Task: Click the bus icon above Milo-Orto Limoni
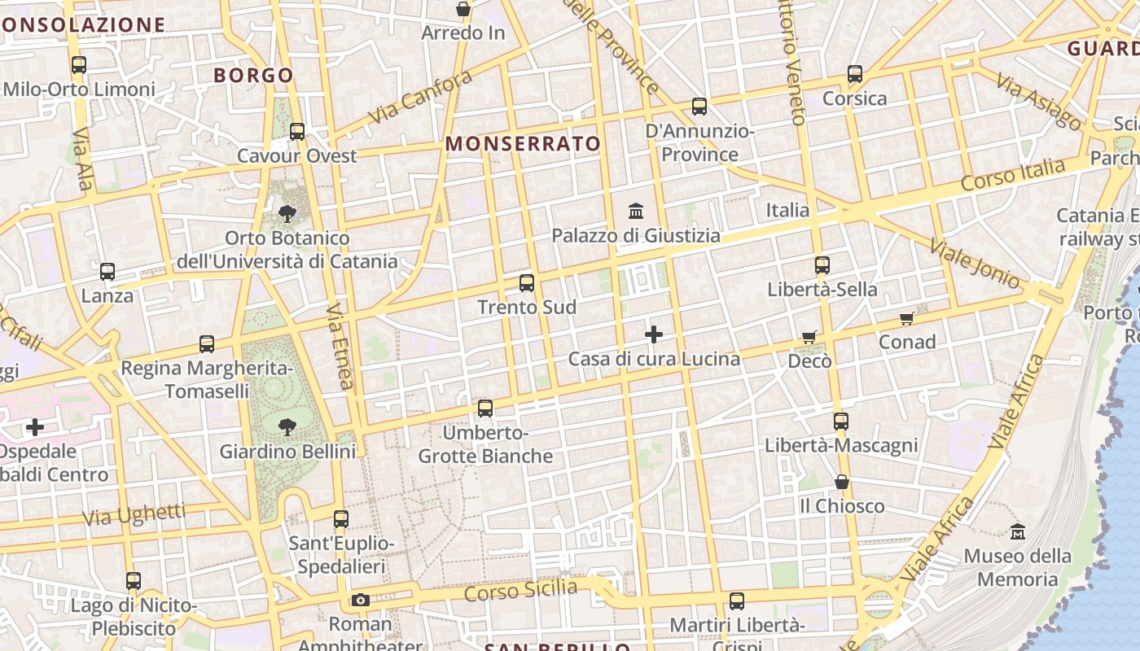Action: pos(79,65)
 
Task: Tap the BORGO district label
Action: pos(253,76)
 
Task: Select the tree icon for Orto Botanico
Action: pos(287,214)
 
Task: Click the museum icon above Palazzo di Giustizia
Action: pos(636,212)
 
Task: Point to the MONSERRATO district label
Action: pos(523,144)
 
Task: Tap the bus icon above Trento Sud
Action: pos(527,283)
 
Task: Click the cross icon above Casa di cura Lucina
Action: pos(654,334)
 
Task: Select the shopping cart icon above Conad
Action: pos(907,318)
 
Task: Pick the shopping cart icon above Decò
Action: pos(809,337)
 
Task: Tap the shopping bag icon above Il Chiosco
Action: pos(842,483)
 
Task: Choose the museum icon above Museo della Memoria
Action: pos(1018,532)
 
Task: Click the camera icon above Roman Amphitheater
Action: pos(360,601)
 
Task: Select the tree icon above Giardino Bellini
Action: pos(287,426)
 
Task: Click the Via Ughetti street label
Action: pos(134,515)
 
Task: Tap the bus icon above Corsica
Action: pos(855,74)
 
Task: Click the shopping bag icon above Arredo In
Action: pos(463,10)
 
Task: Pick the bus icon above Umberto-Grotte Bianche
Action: pos(485,408)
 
